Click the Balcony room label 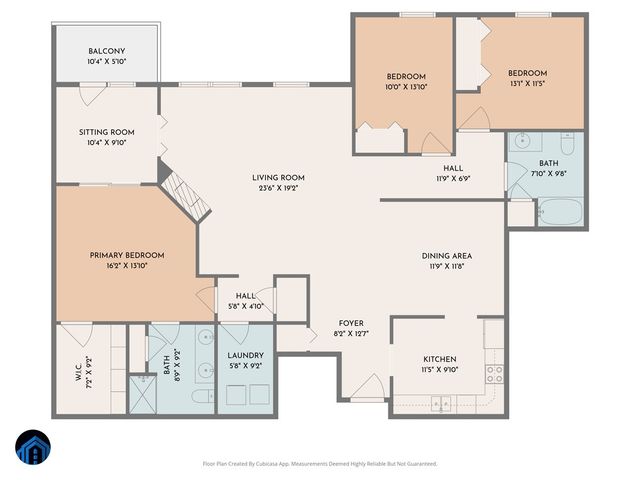click(106, 51)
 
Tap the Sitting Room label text click(106, 132)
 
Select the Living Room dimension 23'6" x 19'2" click(278, 188)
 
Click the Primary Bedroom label click(126, 255)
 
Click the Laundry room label click(245, 355)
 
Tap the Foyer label click(351, 323)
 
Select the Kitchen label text click(440, 359)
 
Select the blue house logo click(34, 447)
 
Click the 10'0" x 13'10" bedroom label click(406, 77)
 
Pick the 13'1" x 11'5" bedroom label click(527, 73)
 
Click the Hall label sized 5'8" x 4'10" click(245, 296)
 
